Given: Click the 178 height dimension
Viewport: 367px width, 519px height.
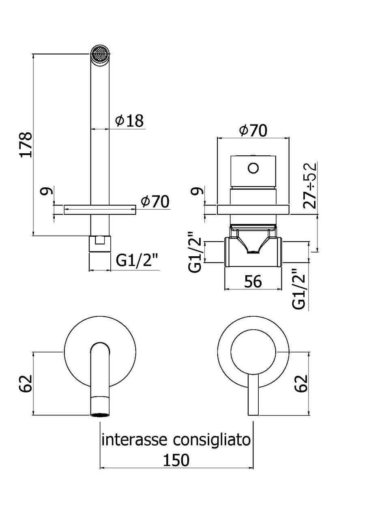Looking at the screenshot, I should click(x=25, y=144).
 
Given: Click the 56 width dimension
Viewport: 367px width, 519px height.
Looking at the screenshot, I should click(x=253, y=281).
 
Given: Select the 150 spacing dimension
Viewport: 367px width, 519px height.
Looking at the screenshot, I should click(x=176, y=460).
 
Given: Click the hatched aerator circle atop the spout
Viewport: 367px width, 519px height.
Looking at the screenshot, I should click(x=100, y=54).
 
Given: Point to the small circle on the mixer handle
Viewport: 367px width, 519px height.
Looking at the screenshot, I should click(x=253, y=167).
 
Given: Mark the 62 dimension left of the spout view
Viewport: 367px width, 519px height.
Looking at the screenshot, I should click(x=25, y=384).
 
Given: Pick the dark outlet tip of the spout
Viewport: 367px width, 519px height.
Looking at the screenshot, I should click(x=100, y=414).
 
